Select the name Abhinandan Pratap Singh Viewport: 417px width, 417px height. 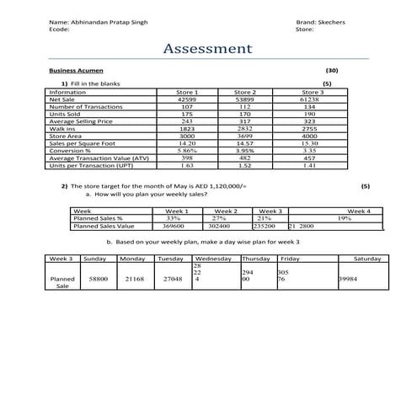tap(109, 22)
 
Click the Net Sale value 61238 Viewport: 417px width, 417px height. tap(309, 99)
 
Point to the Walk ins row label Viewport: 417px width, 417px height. tap(63, 129)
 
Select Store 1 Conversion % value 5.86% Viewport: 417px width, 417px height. tap(187, 151)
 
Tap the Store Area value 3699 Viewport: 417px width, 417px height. tap(245, 136)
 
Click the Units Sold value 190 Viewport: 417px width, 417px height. tap(309, 114)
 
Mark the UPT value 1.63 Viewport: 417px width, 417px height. tap(187, 165)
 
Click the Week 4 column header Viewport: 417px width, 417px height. tap(359, 211)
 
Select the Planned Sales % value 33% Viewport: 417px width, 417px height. tap(174, 218)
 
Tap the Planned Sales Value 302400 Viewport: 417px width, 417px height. tap(219, 226)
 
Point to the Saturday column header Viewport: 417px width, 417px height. tap(367, 259)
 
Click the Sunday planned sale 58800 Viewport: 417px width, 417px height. tap(98, 278)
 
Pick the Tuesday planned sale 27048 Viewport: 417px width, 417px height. tap(173, 278)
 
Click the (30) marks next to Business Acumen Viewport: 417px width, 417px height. tap(331, 72)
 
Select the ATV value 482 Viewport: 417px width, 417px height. tap(245, 158)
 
